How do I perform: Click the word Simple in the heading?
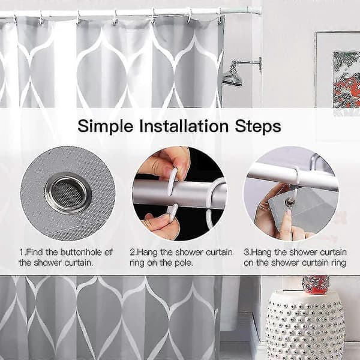(106, 127)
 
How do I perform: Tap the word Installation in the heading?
(184, 126)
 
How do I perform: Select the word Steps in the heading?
(258, 127)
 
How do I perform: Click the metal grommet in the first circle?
(68, 193)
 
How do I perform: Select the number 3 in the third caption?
(247, 253)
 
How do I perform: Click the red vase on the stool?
(315, 284)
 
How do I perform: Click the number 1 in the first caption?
(22, 253)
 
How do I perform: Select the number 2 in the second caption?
(133, 253)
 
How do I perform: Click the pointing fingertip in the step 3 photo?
(287, 214)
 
